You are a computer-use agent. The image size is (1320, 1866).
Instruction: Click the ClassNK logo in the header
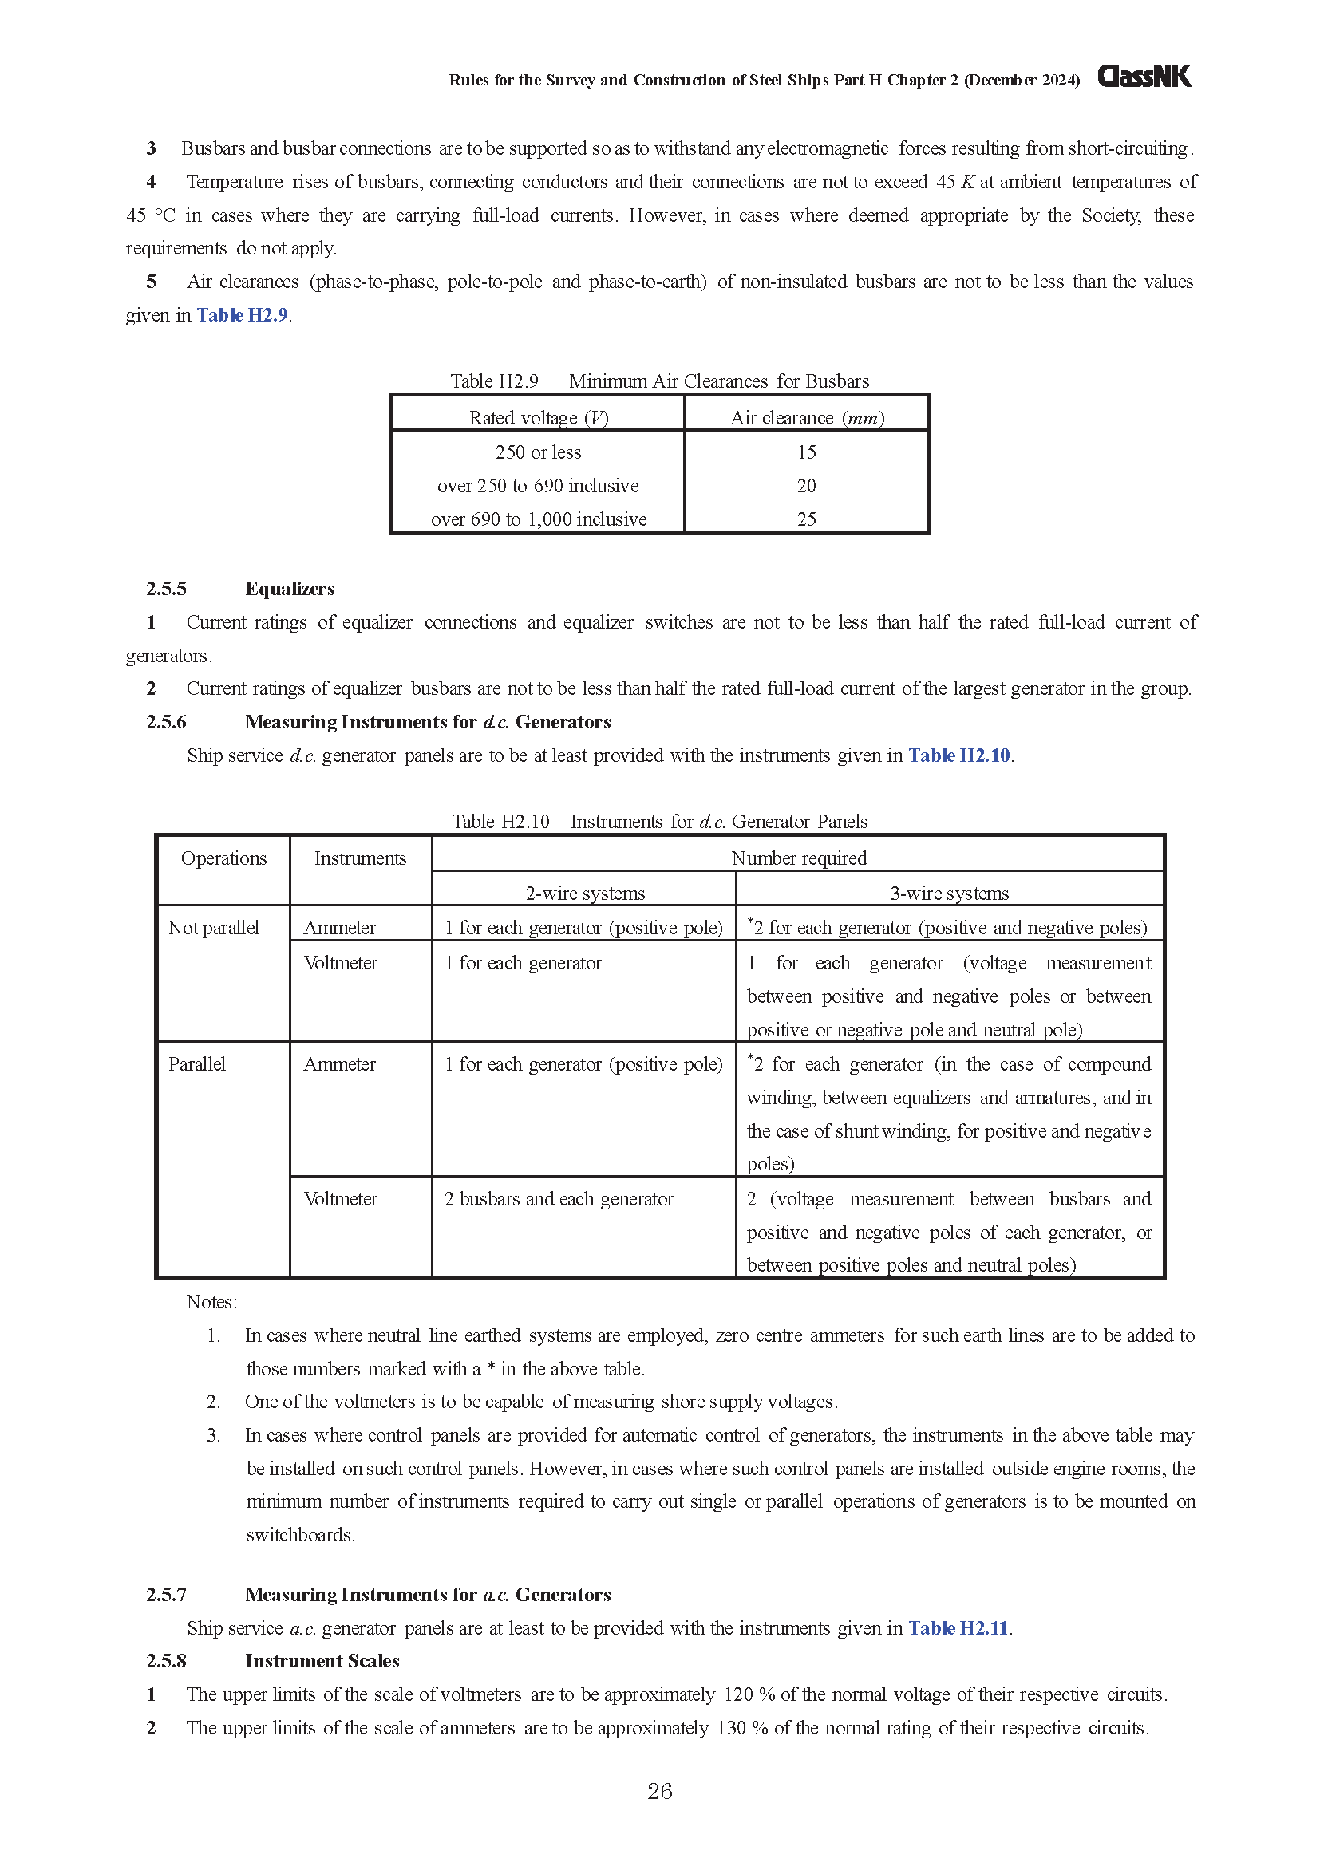click(1144, 77)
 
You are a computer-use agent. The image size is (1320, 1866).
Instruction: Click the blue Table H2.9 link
click(243, 315)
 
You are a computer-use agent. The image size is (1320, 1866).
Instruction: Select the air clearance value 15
click(806, 452)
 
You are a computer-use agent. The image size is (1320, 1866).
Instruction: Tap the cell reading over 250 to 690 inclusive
click(538, 486)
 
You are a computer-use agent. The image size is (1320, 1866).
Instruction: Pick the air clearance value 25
click(806, 519)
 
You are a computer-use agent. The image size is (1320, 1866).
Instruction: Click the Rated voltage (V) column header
click(538, 418)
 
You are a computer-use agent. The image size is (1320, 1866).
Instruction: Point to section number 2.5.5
click(166, 590)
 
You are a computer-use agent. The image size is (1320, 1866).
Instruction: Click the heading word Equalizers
click(290, 590)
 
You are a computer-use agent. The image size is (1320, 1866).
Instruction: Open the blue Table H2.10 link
click(958, 755)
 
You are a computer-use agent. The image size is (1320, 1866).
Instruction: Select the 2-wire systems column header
click(584, 894)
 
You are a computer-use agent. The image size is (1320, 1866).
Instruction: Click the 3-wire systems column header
click(950, 894)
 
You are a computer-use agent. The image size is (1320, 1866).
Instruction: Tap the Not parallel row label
click(213, 928)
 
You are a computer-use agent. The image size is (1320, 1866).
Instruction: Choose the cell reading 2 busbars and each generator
click(559, 1200)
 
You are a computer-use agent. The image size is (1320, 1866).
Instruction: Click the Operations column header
click(223, 859)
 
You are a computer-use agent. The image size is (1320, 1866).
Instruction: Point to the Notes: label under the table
click(211, 1302)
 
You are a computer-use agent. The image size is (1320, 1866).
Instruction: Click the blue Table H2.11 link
click(958, 1629)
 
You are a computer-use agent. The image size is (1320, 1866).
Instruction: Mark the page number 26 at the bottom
click(659, 1792)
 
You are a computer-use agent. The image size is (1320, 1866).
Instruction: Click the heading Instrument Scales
click(322, 1661)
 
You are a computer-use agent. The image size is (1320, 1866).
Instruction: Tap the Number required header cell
click(798, 858)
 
